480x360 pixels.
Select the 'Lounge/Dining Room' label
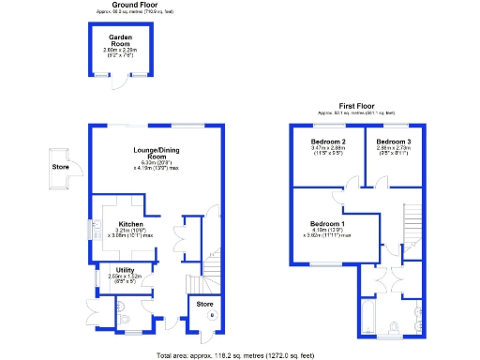pos(155,152)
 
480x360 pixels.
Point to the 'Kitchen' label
pos(130,224)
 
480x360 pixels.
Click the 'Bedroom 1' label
pos(329,224)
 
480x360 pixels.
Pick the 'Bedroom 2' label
pos(329,142)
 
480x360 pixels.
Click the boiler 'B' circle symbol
pos(211,316)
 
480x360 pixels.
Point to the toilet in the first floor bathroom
pos(395,327)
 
